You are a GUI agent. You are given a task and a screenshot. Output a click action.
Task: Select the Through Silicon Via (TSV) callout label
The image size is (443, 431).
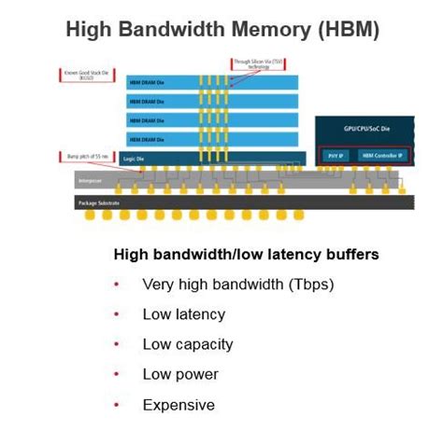[253, 65]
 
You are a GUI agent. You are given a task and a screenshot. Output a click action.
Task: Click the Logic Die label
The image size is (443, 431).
[136, 160]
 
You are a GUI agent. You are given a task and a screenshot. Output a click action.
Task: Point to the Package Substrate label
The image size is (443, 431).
[102, 202]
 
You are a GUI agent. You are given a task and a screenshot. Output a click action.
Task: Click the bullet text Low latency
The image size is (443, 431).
[183, 314]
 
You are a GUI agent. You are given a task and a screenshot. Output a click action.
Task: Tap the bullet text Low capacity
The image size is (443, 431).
[187, 344]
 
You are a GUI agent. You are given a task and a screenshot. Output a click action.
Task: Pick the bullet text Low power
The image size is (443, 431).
[180, 374]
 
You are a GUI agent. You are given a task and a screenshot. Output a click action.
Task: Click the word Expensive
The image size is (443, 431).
[178, 405]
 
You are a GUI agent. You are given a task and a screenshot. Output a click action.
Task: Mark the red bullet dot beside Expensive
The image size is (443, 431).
[116, 405]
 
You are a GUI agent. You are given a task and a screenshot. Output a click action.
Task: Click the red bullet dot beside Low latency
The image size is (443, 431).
[116, 314]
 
